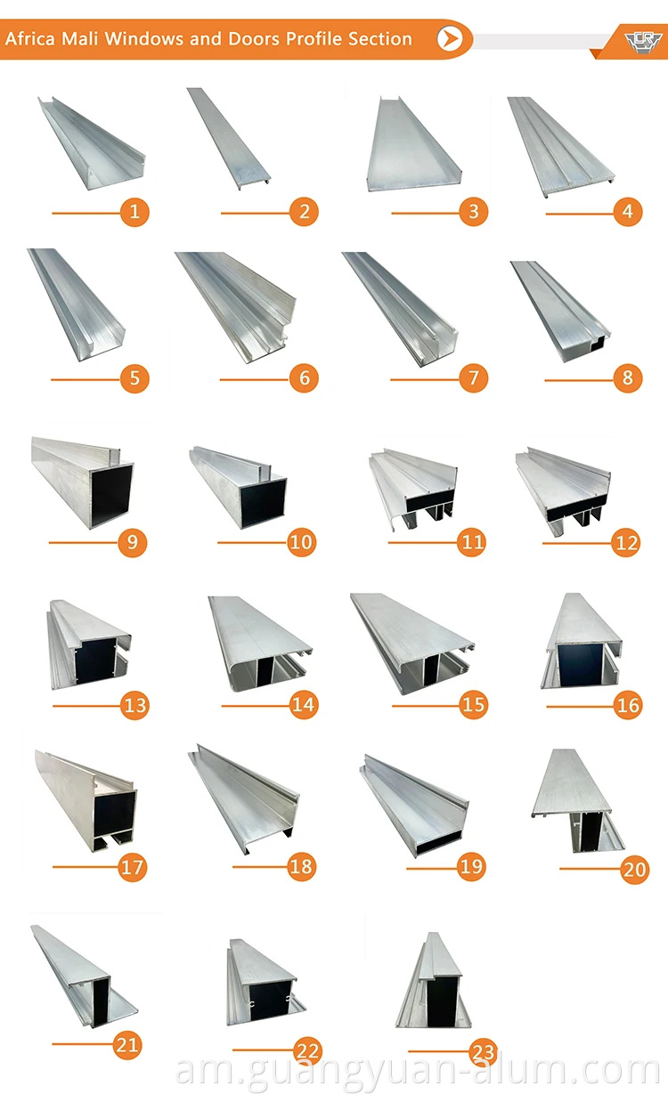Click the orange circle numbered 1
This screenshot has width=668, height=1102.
(134, 212)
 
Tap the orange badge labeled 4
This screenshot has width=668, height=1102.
(628, 212)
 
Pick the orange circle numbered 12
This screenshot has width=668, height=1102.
(627, 542)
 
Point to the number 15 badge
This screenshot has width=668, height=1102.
(474, 705)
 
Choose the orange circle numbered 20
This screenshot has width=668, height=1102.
(634, 868)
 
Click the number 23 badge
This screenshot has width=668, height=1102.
(483, 1052)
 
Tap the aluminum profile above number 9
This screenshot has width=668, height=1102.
(83, 481)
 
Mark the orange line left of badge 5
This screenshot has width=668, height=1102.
(86, 378)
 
